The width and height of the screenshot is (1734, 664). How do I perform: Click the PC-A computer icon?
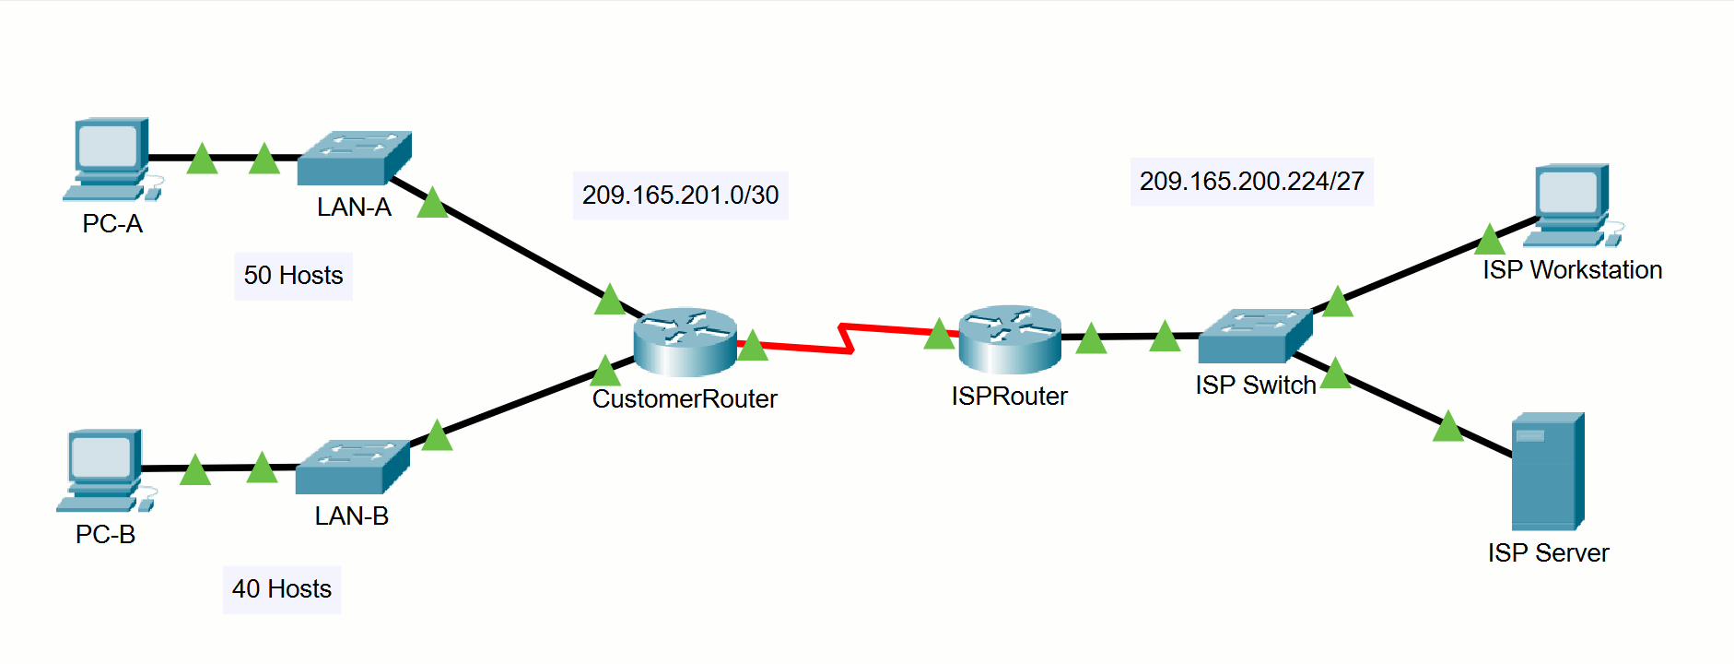(x=111, y=159)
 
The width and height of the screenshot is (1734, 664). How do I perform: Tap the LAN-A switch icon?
(x=354, y=159)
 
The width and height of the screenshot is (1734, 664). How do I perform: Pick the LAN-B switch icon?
(x=352, y=468)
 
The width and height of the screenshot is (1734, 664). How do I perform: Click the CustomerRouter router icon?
(x=685, y=341)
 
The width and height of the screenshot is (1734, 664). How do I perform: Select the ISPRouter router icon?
(x=1010, y=338)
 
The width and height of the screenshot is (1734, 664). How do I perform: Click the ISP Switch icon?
(x=1255, y=336)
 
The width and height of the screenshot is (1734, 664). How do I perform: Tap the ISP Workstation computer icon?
(x=1572, y=206)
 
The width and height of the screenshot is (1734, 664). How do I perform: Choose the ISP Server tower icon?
(x=1548, y=471)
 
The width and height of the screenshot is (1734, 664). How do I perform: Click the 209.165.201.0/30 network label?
(x=680, y=196)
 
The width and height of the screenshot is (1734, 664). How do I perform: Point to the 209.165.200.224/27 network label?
(x=1251, y=182)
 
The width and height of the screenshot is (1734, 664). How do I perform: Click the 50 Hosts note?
(x=293, y=276)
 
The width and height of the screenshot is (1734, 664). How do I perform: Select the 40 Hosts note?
(x=282, y=589)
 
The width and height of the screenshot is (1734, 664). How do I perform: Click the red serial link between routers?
(x=846, y=338)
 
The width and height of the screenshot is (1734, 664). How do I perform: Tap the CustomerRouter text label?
(x=685, y=399)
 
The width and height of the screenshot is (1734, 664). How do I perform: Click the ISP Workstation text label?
(x=1572, y=270)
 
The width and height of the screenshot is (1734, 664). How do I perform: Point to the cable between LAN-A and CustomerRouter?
(x=516, y=247)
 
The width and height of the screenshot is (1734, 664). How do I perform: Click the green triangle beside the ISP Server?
(x=1448, y=426)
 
